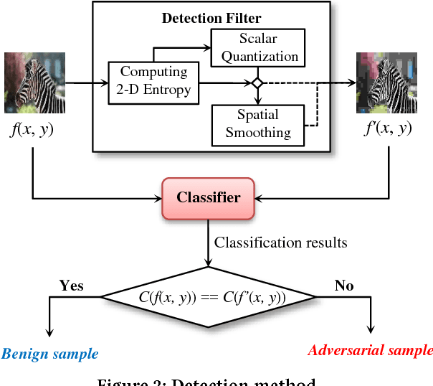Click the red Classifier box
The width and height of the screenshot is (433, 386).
(208, 197)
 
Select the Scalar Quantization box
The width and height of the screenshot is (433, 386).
(255, 47)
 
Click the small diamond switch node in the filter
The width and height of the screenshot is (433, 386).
(256, 84)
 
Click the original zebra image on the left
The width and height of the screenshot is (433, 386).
(29, 83)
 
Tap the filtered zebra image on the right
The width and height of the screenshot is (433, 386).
(385, 83)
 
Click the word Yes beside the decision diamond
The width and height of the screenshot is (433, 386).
(71, 286)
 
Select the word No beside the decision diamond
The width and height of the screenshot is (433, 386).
(344, 286)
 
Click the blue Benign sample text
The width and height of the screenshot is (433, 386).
(49, 354)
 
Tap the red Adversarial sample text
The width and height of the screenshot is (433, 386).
(371, 350)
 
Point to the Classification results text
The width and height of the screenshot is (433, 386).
(280, 243)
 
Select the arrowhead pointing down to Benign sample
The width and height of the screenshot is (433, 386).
(49, 331)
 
